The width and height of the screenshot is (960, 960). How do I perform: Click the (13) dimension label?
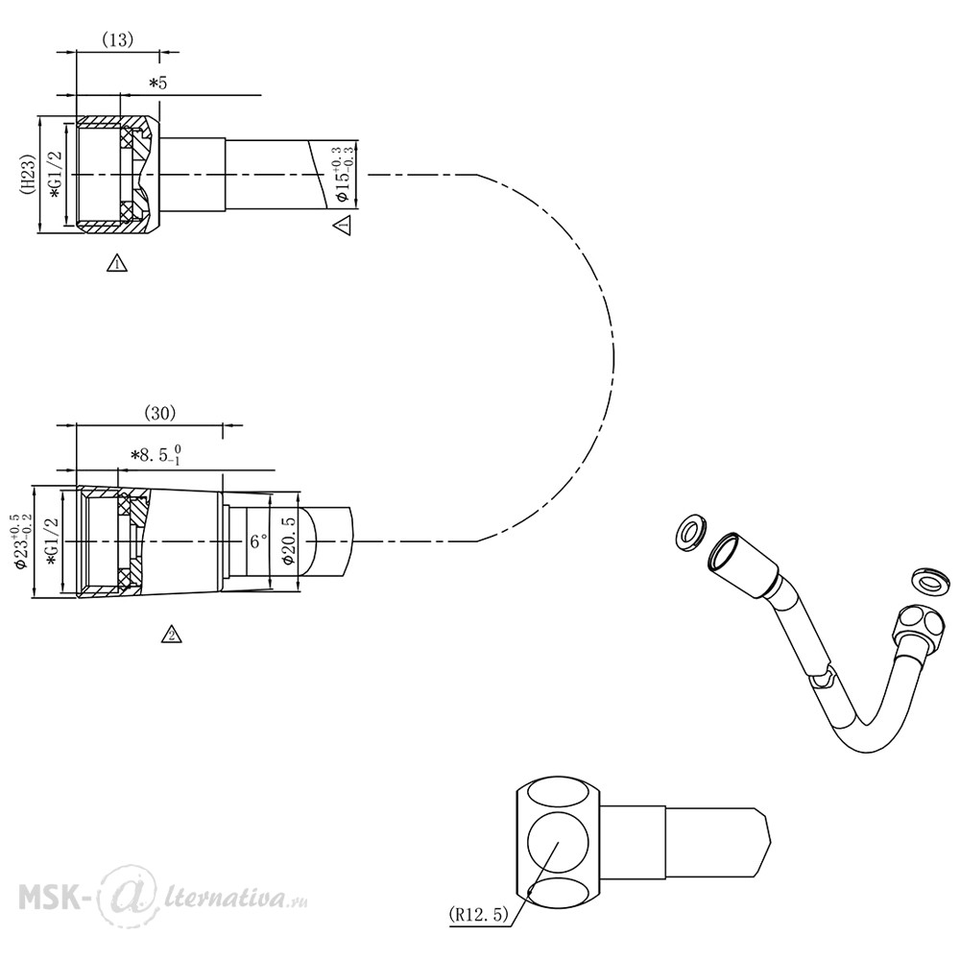(117, 39)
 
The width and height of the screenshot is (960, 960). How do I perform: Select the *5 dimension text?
(158, 83)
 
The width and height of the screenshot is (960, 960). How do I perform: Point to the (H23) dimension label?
(28, 174)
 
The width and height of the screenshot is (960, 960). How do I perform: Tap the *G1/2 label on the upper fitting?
(56, 175)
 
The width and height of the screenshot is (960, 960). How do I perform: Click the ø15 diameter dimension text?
(343, 175)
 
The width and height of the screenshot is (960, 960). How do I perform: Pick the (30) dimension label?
(159, 413)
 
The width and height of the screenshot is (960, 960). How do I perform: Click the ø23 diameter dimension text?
(22, 541)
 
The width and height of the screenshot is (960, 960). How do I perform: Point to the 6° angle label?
(258, 541)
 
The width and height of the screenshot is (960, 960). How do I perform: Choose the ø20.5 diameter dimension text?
(288, 541)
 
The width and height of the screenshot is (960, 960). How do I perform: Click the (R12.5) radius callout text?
(478, 915)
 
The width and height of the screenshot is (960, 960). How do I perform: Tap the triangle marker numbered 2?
(172, 635)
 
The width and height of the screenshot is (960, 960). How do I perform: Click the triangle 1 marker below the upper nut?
(117, 263)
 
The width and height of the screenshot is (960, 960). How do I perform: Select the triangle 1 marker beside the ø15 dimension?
(342, 225)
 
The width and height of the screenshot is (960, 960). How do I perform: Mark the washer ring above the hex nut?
(930, 582)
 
